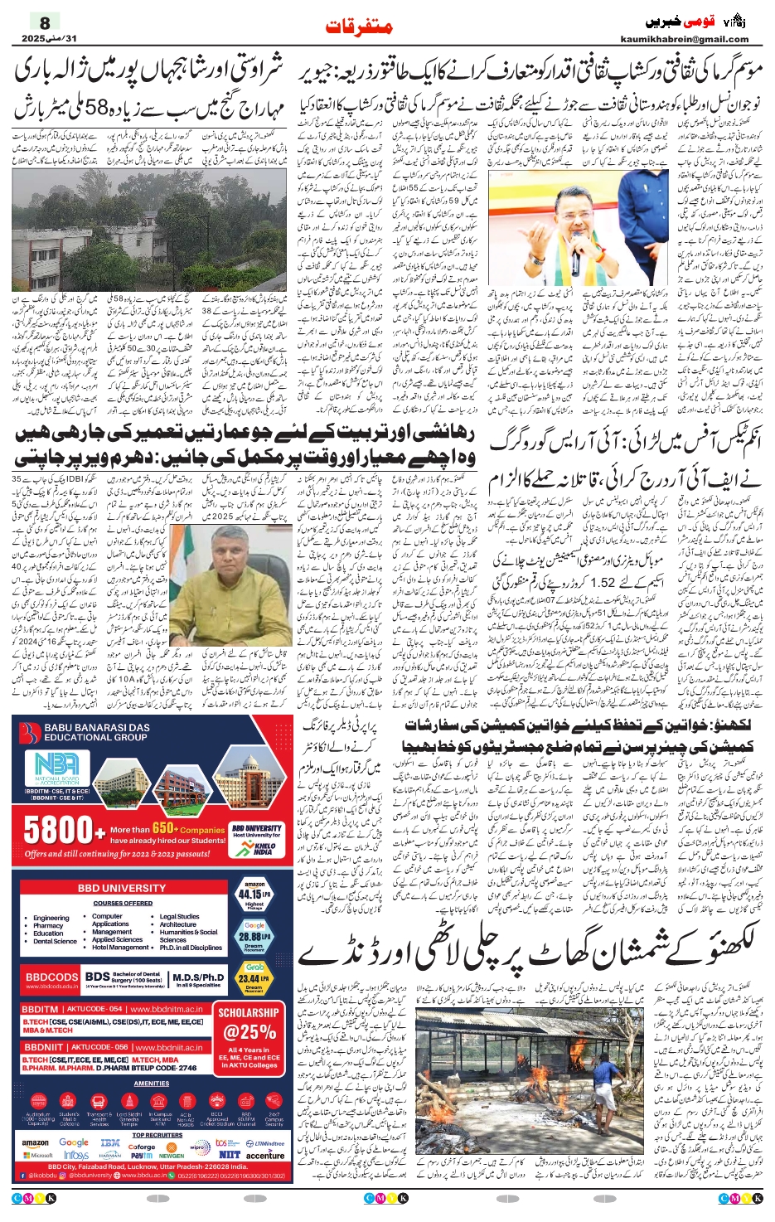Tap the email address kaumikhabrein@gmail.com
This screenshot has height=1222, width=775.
tap(684, 39)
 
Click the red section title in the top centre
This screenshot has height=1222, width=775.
tap(359, 27)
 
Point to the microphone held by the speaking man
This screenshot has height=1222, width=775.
tap(574, 259)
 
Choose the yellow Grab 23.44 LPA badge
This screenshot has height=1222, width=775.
tap(254, 978)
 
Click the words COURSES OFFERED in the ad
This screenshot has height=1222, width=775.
tap(123, 903)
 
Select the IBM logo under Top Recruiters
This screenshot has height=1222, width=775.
tap(109, 1143)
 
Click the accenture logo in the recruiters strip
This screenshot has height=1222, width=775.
tap(264, 1155)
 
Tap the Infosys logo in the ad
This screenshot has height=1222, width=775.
tap(76, 1155)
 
